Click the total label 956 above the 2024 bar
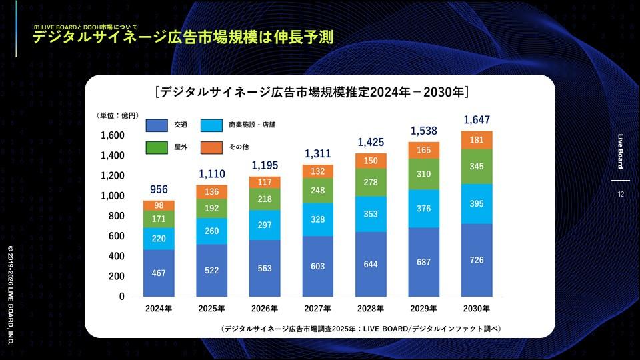pyautogui.click(x=159, y=189)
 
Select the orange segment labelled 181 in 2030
pyautogui.click(x=477, y=140)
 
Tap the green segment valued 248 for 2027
pyautogui.click(x=318, y=191)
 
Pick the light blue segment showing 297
pyautogui.click(x=265, y=225)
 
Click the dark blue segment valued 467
pyautogui.click(x=159, y=273)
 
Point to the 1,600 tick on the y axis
pyautogui.click(x=113, y=135)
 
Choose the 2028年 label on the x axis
pyautogui.click(x=371, y=309)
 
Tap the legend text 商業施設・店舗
pyautogui.click(x=252, y=125)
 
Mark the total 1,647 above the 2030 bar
pyautogui.click(x=477, y=121)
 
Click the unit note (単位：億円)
pyautogui.click(x=117, y=115)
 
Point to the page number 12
pyautogui.click(x=621, y=195)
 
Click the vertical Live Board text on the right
pyautogui.click(x=621, y=151)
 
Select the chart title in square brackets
pyautogui.click(x=311, y=91)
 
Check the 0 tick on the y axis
pyautogui.click(x=122, y=297)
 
